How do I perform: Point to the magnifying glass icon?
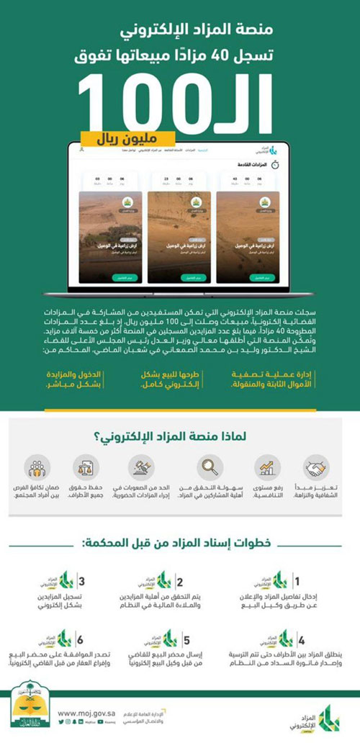click(210, 468)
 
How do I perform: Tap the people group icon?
click(37, 468)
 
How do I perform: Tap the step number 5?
click(186, 639)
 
